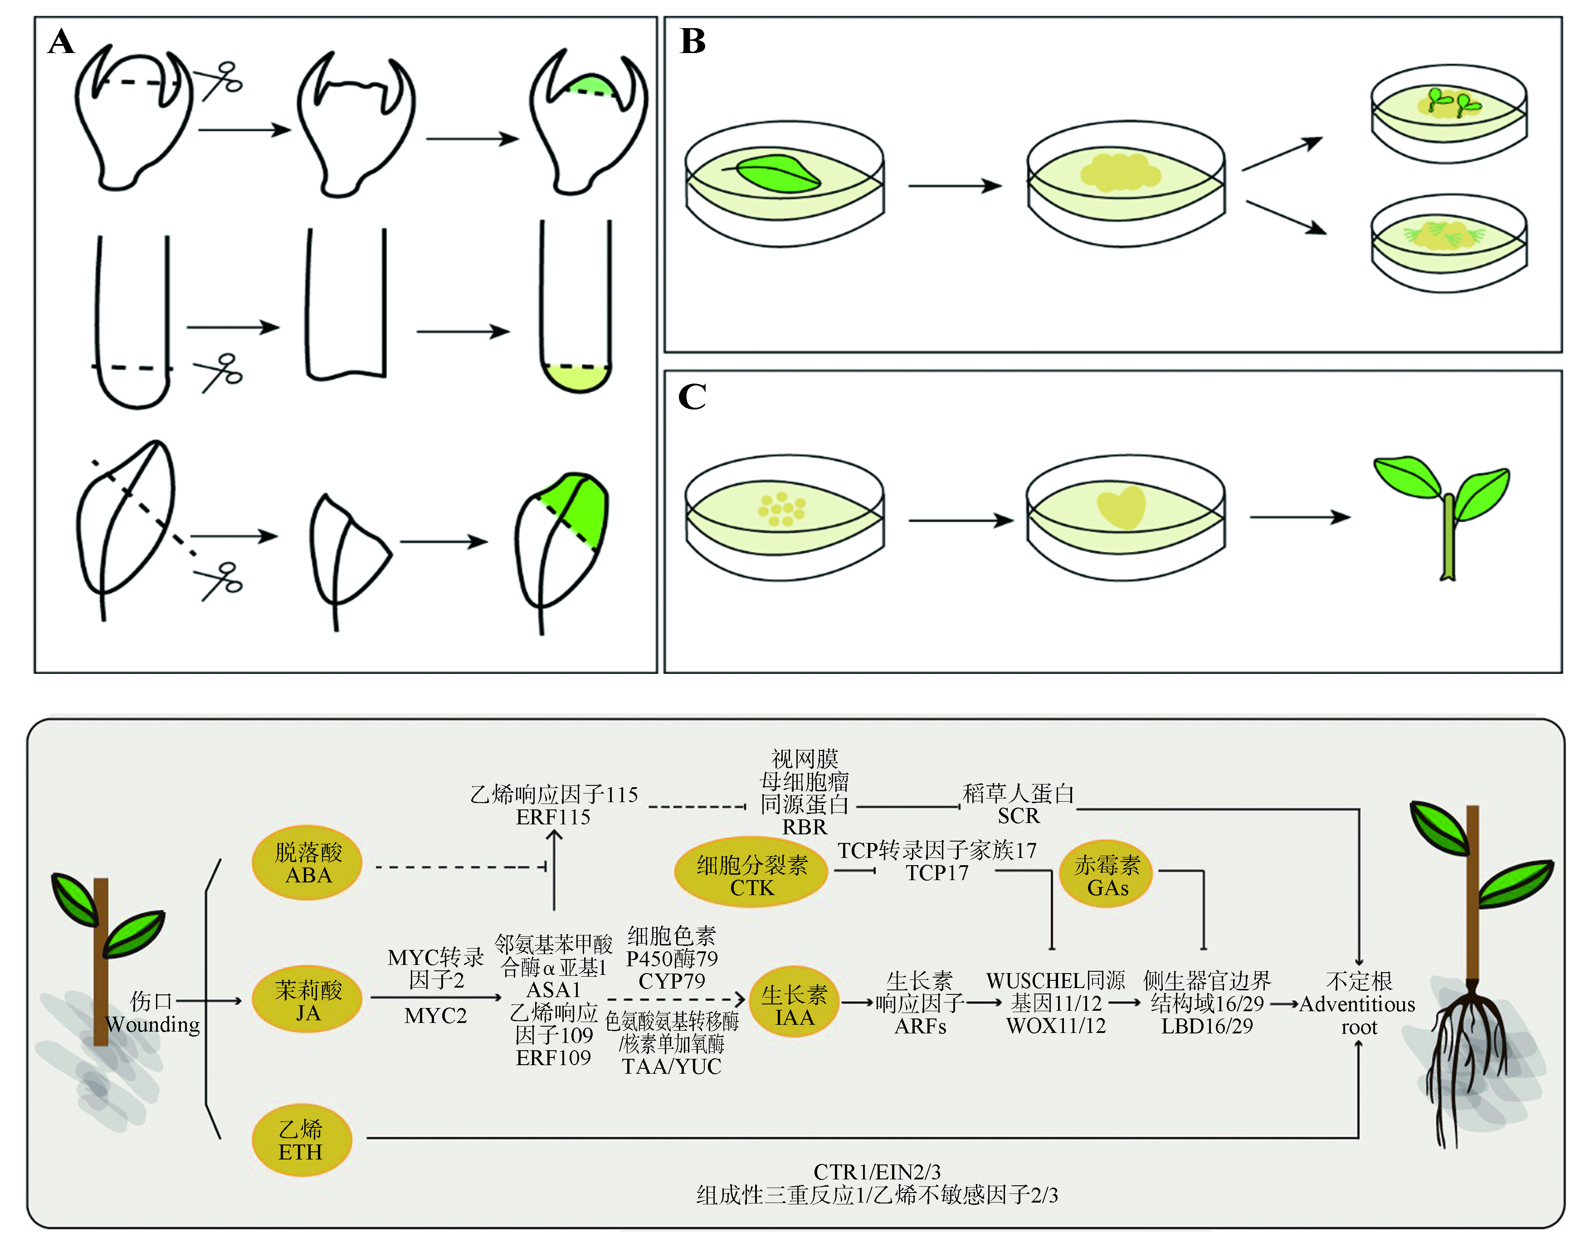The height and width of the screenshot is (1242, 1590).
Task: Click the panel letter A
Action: [61, 42]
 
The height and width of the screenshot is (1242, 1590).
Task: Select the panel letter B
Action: [693, 42]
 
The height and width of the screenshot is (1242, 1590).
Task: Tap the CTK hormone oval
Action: [751, 876]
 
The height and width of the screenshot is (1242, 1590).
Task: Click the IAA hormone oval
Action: [794, 1005]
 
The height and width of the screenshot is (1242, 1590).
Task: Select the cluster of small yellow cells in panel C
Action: [781, 508]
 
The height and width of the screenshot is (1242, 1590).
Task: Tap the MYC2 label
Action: [435, 1016]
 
